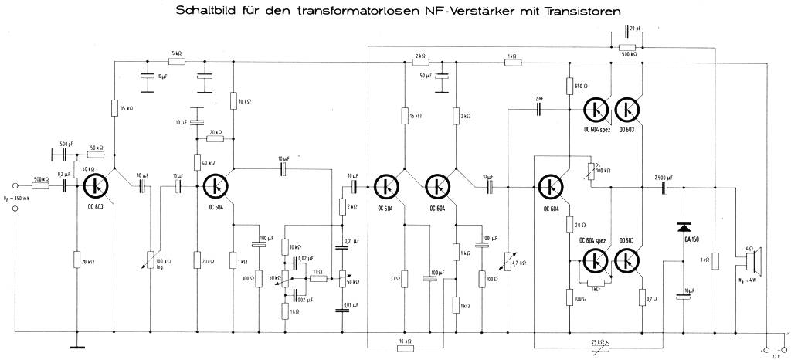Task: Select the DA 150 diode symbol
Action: [684, 227]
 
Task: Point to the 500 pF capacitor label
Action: [67, 144]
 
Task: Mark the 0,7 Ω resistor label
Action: [651, 297]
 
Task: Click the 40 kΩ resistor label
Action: [209, 162]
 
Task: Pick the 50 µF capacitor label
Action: [425, 76]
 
